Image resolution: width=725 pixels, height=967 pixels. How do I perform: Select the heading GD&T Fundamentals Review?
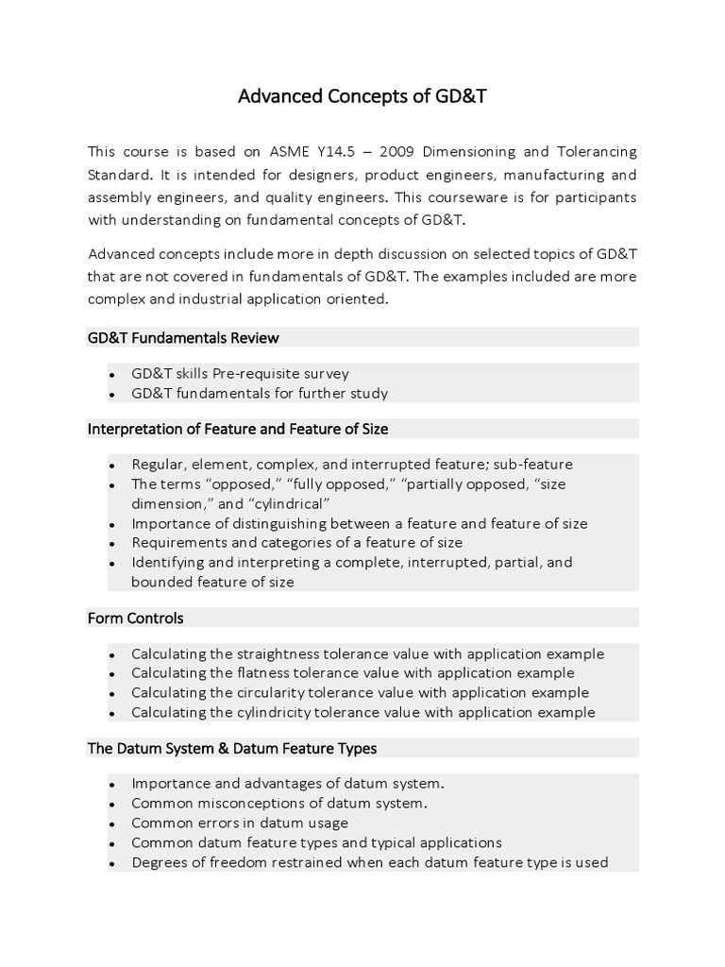[x=183, y=337]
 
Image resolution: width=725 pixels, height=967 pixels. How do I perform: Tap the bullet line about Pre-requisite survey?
[x=240, y=373]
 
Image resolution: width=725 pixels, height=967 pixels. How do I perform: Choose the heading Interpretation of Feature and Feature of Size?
[x=238, y=429]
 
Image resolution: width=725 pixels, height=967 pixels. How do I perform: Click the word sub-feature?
[x=537, y=465]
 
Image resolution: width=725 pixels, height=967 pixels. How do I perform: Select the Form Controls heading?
[x=136, y=618]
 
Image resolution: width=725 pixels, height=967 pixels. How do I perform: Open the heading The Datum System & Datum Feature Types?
[x=232, y=748]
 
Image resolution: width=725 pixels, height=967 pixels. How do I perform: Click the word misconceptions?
[x=236, y=804]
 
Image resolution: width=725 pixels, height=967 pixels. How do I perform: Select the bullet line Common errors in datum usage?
[x=240, y=823]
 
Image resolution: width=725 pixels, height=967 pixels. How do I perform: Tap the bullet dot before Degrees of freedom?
[x=111, y=863]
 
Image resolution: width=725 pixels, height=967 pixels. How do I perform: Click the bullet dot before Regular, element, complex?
[x=111, y=466]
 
